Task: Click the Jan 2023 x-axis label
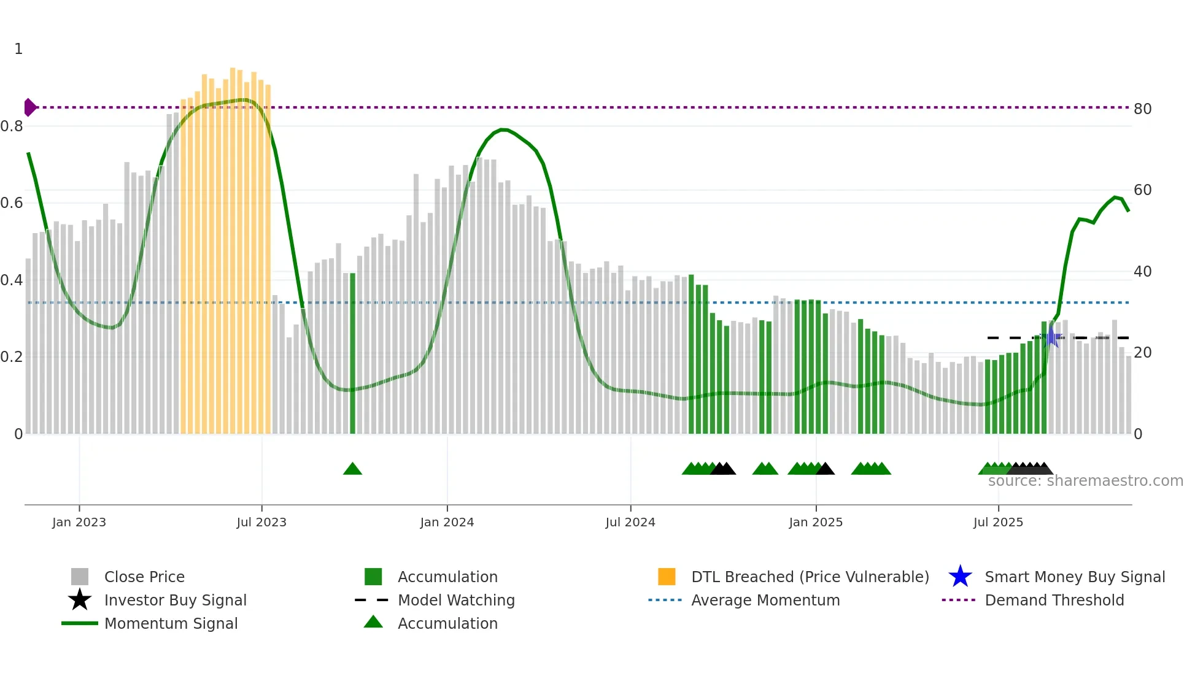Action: (x=79, y=522)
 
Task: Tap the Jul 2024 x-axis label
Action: (x=630, y=522)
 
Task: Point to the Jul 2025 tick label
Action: (x=998, y=522)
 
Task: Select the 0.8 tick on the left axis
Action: (x=12, y=126)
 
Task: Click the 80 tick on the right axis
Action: (x=1142, y=109)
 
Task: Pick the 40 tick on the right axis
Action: (x=1142, y=272)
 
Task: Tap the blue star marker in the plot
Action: (x=1051, y=337)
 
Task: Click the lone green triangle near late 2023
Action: (x=352, y=469)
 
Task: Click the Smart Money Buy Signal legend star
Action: (x=960, y=577)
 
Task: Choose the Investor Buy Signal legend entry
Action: (x=175, y=600)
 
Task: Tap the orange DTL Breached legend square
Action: (x=667, y=577)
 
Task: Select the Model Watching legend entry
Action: (x=455, y=600)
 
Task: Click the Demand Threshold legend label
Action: (x=1054, y=600)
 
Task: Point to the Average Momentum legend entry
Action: (x=765, y=600)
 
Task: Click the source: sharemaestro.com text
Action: (x=1085, y=481)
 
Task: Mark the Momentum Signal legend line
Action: (x=80, y=623)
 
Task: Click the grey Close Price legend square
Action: (x=80, y=577)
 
